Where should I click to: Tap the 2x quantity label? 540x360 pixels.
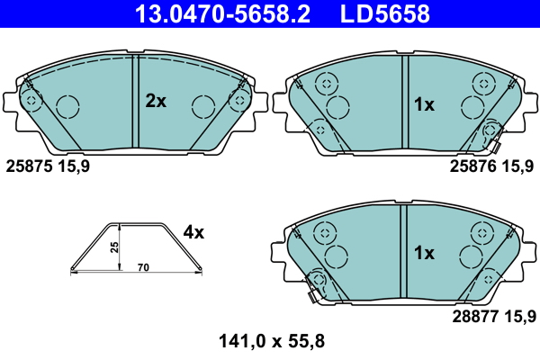[156, 102]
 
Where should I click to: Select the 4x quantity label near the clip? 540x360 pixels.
[193, 232]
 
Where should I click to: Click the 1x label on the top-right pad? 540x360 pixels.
[423, 105]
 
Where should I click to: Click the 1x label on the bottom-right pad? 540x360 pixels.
[423, 254]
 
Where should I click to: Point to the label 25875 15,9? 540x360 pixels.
[48, 166]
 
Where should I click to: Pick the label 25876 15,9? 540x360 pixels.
[490, 166]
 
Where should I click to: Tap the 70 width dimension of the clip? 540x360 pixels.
[142, 267]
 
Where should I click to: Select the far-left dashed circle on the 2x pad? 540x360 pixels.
[30, 99]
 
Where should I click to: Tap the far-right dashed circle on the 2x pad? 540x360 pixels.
[238, 99]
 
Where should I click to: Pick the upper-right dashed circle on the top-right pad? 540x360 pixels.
[482, 83]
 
